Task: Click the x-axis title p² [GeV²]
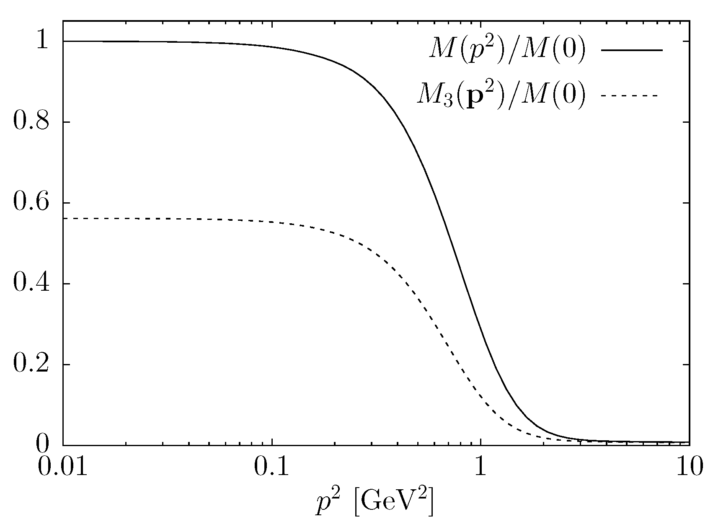[x=374, y=503]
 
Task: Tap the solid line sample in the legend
[x=632, y=51]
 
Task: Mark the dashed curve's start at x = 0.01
[x=64, y=219]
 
